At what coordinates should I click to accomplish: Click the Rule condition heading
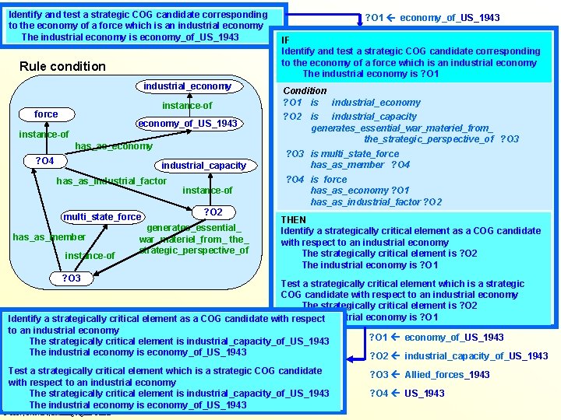(x=62, y=66)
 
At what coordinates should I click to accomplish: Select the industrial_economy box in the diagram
(x=187, y=86)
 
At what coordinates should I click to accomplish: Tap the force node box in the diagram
(x=46, y=114)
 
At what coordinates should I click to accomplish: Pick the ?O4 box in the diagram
(x=44, y=161)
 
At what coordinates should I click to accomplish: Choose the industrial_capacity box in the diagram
(x=203, y=165)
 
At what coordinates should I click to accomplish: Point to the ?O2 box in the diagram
(x=213, y=212)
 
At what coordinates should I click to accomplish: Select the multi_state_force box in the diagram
(x=102, y=217)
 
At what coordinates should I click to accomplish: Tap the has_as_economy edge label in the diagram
(x=114, y=146)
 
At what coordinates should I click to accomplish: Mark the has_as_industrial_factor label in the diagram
(x=111, y=181)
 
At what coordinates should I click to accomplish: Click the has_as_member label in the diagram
(x=49, y=237)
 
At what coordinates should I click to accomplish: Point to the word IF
(x=286, y=40)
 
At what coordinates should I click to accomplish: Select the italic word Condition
(x=305, y=91)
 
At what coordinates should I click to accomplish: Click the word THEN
(x=294, y=219)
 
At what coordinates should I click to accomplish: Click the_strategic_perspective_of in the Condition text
(x=429, y=139)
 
